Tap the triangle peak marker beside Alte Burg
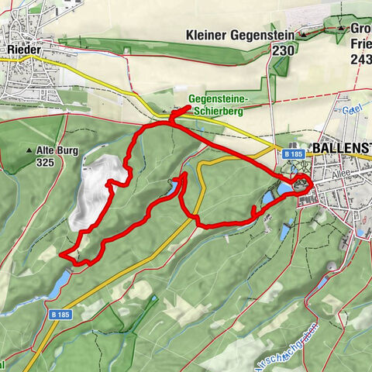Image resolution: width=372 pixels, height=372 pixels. (x=29, y=151)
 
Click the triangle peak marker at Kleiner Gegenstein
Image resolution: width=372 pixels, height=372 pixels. (x=304, y=35)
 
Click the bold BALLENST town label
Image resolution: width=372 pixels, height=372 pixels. (x=341, y=147)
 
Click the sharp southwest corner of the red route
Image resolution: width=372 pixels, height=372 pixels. (x=61, y=254)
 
